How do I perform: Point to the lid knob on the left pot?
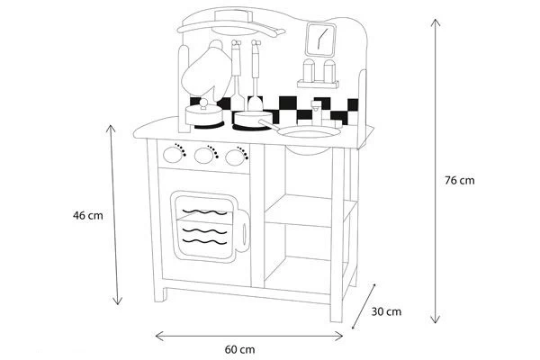(x=203, y=104)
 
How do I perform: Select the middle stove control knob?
(x=207, y=156)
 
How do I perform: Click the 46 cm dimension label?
(x=89, y=215)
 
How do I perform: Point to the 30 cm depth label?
(x=386, y=311)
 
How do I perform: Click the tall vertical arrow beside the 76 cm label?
(x=436, y=171)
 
